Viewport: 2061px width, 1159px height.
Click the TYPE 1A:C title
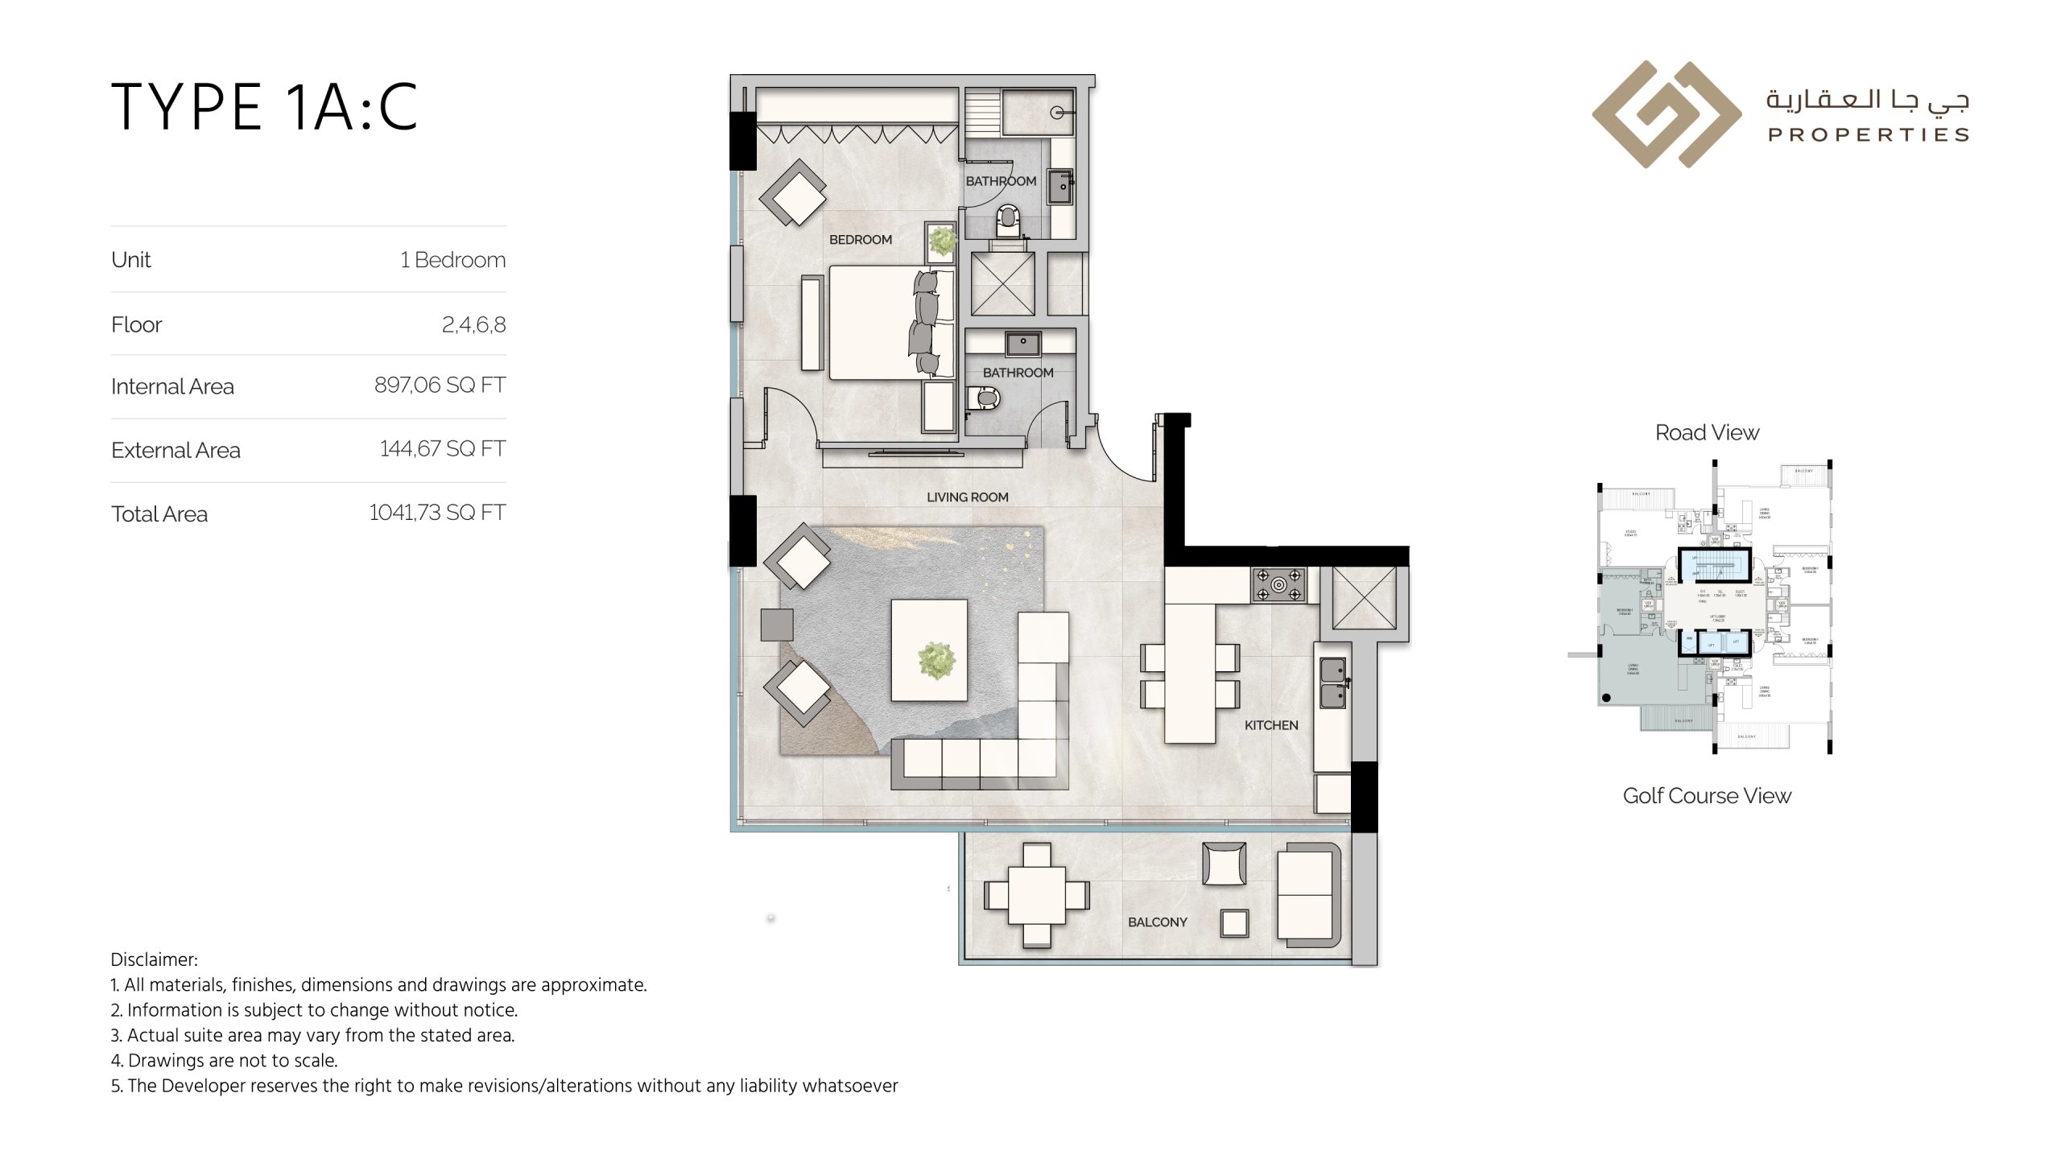[x=264, y=107]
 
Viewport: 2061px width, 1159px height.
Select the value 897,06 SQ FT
[x=440, y=386]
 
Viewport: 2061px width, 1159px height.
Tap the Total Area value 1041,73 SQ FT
[x=437, y=513]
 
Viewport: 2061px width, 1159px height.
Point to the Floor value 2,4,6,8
[x=473, y=324]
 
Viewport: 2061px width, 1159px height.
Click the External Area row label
[x=176, y=450]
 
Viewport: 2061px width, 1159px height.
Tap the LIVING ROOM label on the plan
[x=967, y=497]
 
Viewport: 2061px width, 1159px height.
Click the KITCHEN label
[x=1270, y=725]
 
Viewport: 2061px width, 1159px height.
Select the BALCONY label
[x=1157, y=922]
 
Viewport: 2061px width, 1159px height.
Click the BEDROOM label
[x=861, y=240]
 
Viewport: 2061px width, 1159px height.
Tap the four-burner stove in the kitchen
[x=1278, y=585]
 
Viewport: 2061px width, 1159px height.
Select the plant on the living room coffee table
[x=936, y=660]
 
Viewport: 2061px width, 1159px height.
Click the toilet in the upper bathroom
[x=1008, y=219]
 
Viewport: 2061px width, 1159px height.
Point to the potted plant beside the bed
[x=941, y=241]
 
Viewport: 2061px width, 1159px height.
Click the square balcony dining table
[x=1036, y=895]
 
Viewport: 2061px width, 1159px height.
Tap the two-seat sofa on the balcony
[x=1307, y=895]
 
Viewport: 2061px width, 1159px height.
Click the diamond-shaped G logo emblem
[x=1666, y=114]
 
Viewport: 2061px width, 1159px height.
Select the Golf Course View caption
[x=1707, y=796]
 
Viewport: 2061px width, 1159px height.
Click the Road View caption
[x=1707, y=433]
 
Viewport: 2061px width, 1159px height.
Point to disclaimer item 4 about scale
[x=224, y=1061]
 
